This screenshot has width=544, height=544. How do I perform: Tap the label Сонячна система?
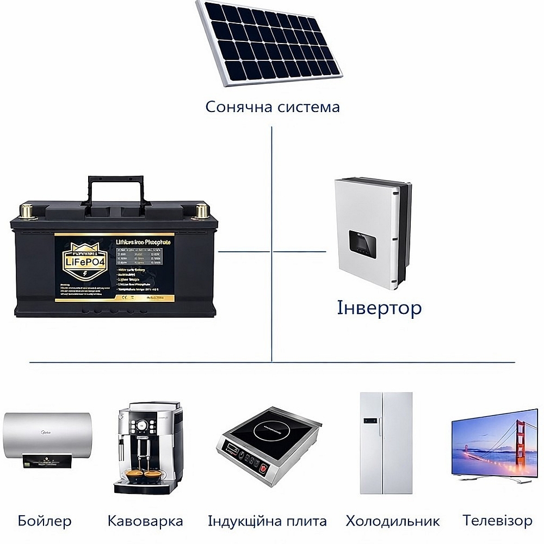(x=272, y=107)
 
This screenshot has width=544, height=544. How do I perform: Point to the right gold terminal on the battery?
(x=202, y=211)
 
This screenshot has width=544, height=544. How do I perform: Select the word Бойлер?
(x=45, y=521)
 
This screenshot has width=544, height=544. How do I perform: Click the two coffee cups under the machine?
(x=145, y=475)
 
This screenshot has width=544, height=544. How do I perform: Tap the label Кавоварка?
(x=145, y=521)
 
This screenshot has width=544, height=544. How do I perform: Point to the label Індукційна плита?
(x=267, y=521)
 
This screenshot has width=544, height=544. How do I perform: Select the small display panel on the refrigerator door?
(x=370, y=421)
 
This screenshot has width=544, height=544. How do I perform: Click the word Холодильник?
(x=392, y=521)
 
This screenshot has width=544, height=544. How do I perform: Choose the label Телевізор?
(x=497, y=521)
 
